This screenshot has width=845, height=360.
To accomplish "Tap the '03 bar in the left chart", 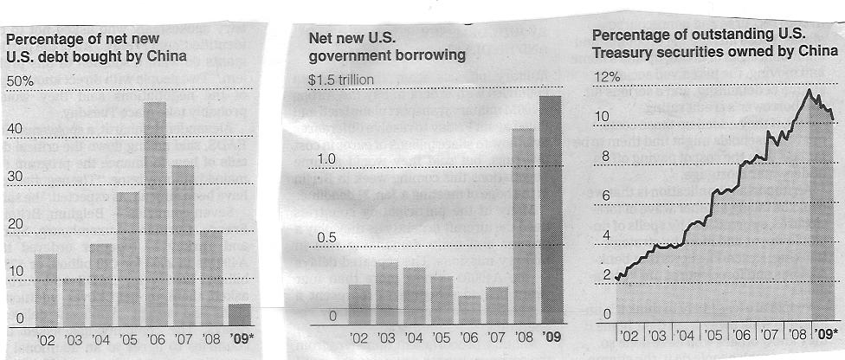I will pyautogui.click(x=73, y=299).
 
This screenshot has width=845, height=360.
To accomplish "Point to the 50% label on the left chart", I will pyautogui.click(x=20, y=80).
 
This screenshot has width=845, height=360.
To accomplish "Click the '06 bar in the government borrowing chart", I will pyautogui.click(x=469, y=306).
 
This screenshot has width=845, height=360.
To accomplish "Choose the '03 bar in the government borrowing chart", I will pyautogui.click(x=387, y=291).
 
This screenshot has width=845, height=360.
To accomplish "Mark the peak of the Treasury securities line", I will pyautogui.click(x=809, y=89).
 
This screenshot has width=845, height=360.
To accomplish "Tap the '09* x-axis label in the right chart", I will pyautogui.click(x=826, y=333).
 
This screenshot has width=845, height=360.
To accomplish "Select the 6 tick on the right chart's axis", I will pyautogui.click(x=607, y=196).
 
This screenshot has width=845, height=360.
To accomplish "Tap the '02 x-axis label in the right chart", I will pyautogui.click(x=630, y=333).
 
